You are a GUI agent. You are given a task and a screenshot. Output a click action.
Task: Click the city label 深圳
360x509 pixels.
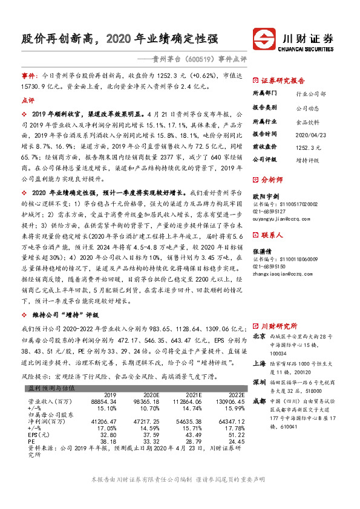tap(258, 366)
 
